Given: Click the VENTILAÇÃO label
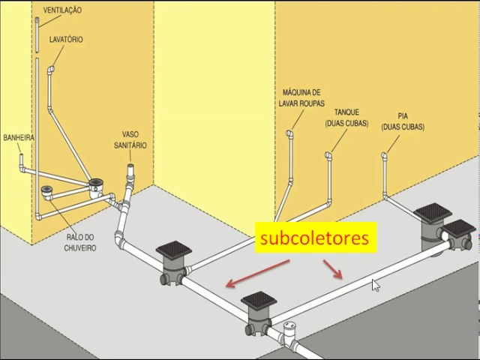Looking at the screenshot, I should click(x=62, y=10).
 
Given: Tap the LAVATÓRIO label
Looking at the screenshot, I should click(x=66, y=39).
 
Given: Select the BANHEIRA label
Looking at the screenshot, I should click(x=19, y=138).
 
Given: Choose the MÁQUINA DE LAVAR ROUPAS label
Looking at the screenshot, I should click(x=301, y=96).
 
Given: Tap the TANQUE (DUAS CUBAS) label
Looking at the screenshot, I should click(x=346, y=118).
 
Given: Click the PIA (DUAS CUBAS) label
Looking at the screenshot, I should click(x=403, y=121).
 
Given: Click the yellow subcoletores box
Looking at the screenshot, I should click(x=314, y=238).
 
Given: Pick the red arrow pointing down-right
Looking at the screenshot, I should click(x=333, y=269).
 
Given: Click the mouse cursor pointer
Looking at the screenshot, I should click(x=375, y=284).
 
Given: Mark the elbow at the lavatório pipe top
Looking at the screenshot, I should click(x=50, y=70).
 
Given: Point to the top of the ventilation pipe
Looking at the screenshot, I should click(x=36, y=19).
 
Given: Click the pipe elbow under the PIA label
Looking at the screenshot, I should click(x=385, y=156).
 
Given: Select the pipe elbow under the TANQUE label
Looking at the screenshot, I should click(x=328, y=156).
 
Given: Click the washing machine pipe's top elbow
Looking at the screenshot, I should click(x=289, y=134).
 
